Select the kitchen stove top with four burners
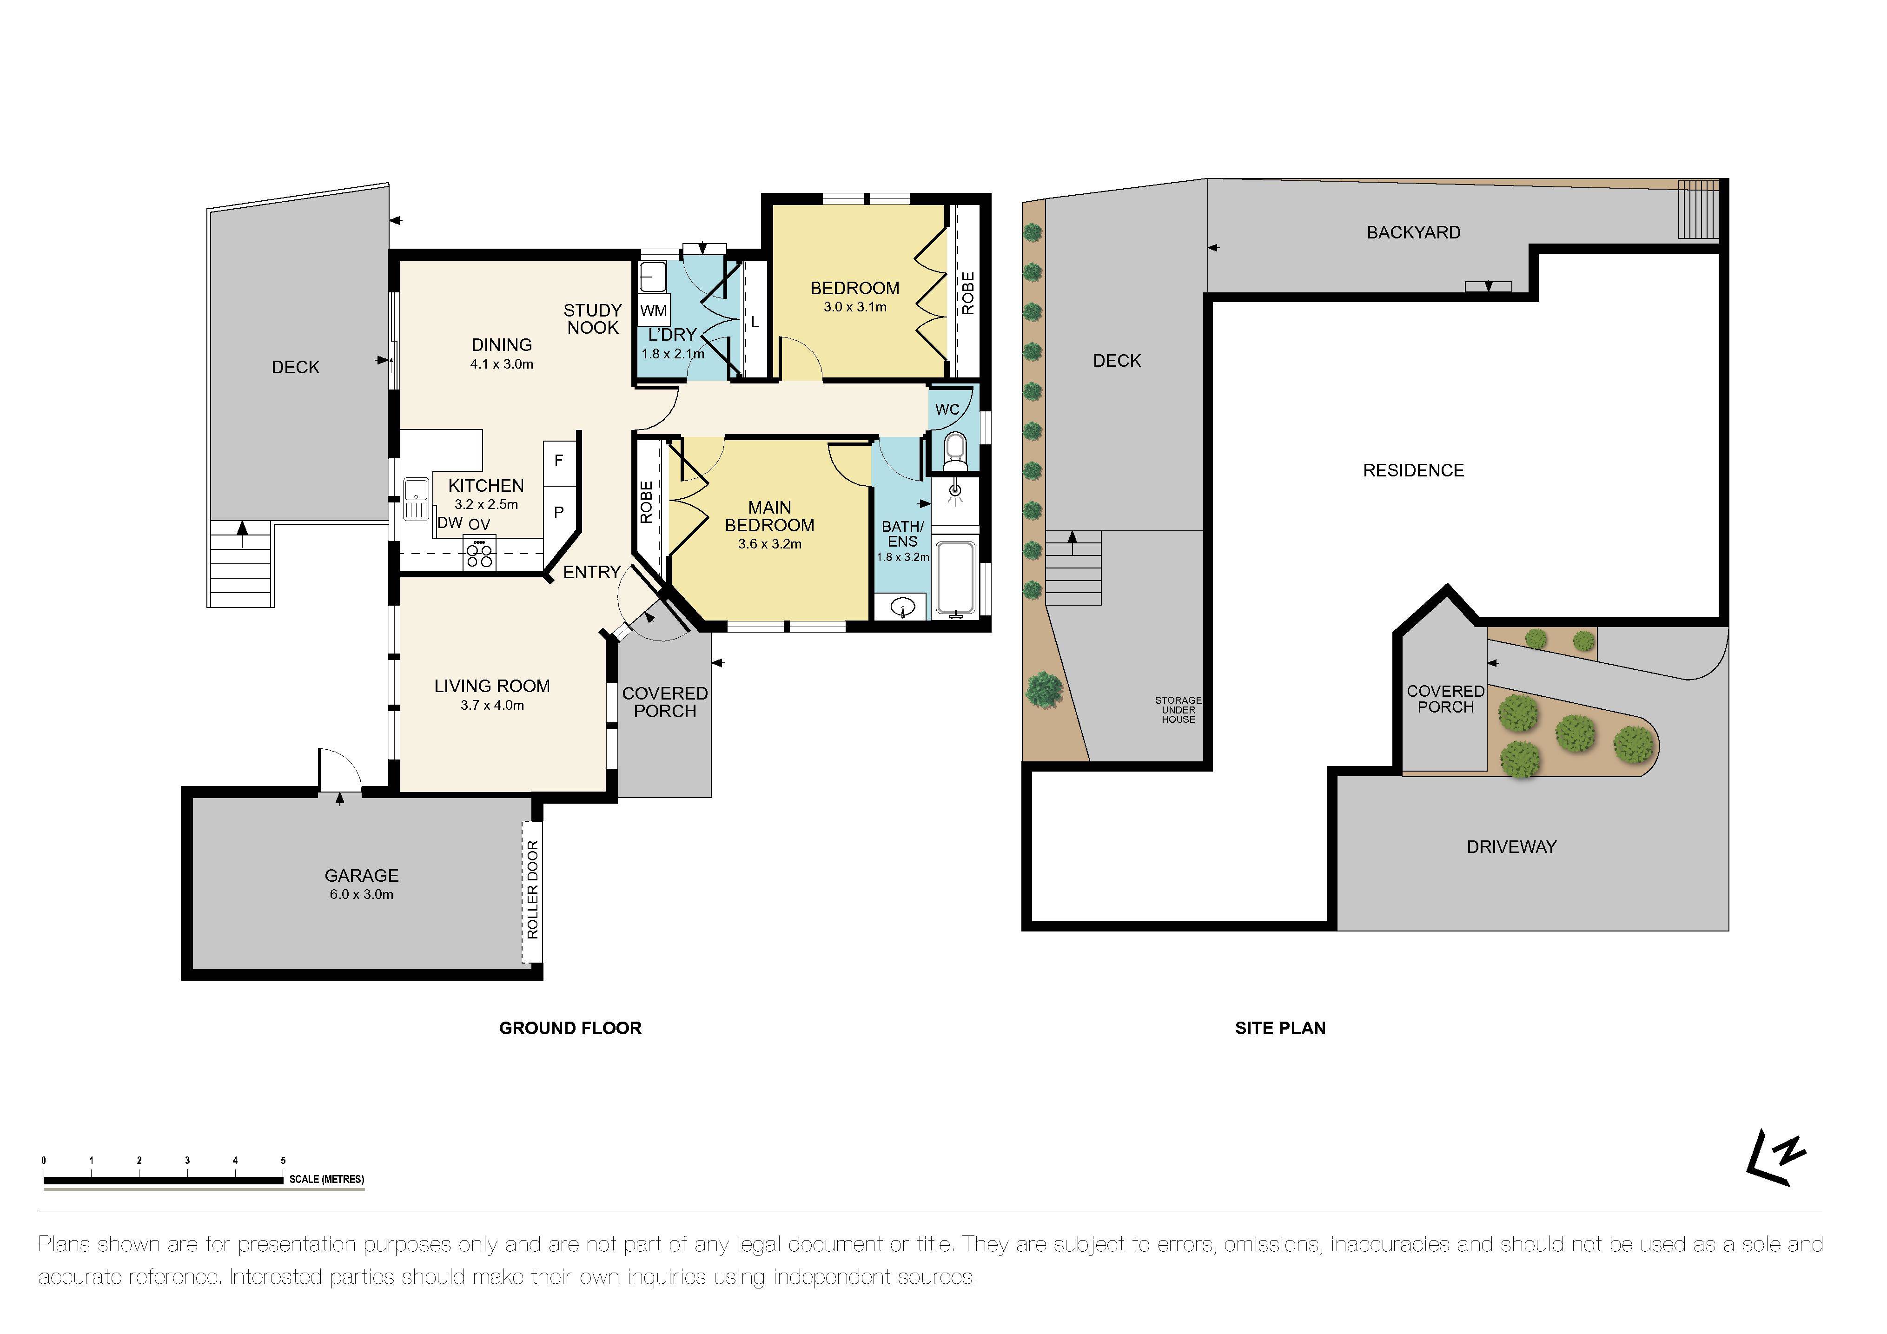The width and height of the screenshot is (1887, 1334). tap(479, 552)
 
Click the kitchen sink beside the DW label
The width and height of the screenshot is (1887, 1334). tap(417, 499)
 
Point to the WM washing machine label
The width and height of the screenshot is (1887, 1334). tap(653, 310)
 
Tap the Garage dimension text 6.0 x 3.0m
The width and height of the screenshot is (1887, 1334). tap(362, 894)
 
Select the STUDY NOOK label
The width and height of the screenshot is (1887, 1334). tap(593, 319)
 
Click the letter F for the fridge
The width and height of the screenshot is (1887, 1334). tap(559, 460)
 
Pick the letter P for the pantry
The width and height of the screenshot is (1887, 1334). tap(559, 512)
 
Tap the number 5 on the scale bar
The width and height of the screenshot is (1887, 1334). tap(284, 1161)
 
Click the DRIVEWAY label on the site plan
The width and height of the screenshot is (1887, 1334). tap(1511, 846)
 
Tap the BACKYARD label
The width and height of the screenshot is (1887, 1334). tap(1414, 232)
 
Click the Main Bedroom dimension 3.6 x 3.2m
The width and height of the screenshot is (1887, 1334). tap(769, 544)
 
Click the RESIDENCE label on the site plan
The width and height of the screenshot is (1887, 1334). tap(1414, 470)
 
